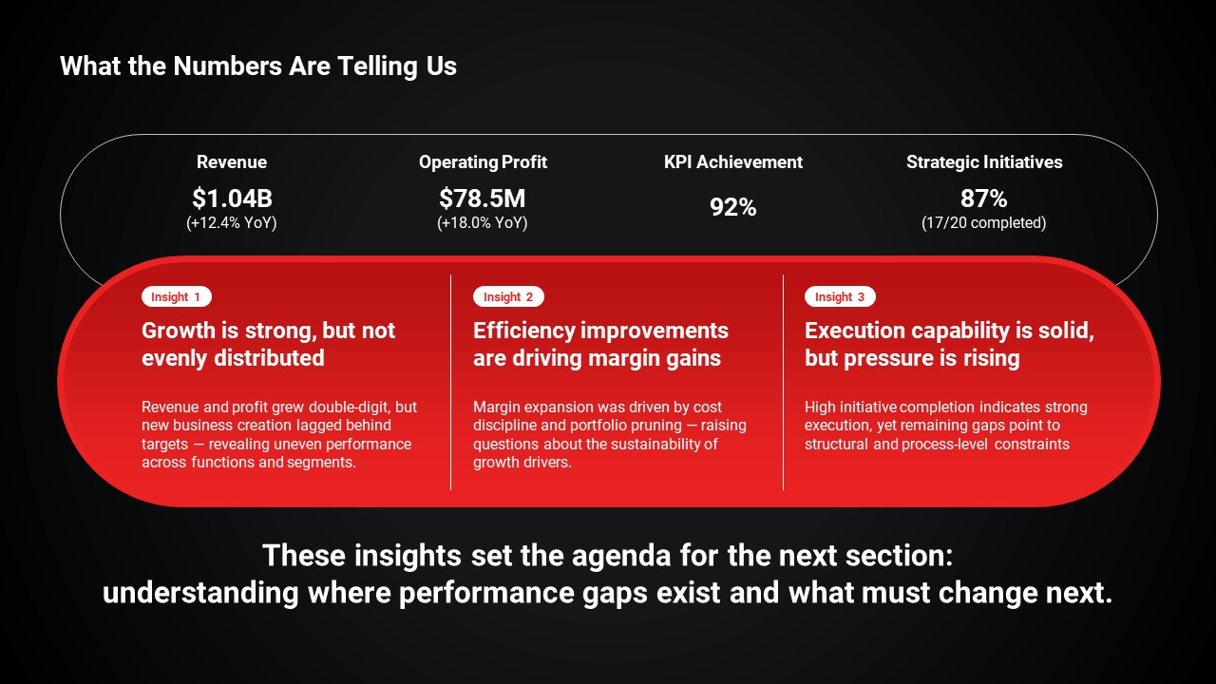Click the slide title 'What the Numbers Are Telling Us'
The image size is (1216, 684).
pyautogui.click(x=258, y=66)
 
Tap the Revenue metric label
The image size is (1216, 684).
pyautogui.click(x=232, y=161)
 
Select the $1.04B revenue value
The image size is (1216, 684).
pyautogui.click(x=232, y=199)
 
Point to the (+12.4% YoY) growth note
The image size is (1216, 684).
pyautogui.click(x=232, y=223)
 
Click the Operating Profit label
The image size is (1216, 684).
pyautogui.click(x=484, y=162)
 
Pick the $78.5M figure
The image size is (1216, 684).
pyautogui.click(x=483, y=199)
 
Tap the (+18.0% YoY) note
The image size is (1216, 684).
pyautogui.click(x=483, y=223)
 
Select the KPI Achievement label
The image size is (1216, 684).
pyautogui.click(x=733, y=161)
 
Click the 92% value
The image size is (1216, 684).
pyautogui.click(x=733, y=207)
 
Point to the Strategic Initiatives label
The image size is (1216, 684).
pyautogui.click(x=984, y=162)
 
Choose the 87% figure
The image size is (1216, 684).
pyautogui.click(x=984, y=199)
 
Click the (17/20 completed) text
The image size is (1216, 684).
pyautogui.click(x=984, y=223)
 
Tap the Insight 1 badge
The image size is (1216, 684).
pyautogui.click(x=177, y=297)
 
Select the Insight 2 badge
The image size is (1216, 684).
pyautogui.click(x=508, y=297)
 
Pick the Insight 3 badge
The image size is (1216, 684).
pyautogui.click(x=840, y=297)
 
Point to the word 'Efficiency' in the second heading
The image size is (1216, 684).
pyautogui.click(x=523, y=332)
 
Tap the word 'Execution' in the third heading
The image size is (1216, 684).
pyautogui.click(x=854, y=331)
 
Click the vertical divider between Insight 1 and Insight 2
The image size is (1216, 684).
pyautogui.click(x=450, y=383)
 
